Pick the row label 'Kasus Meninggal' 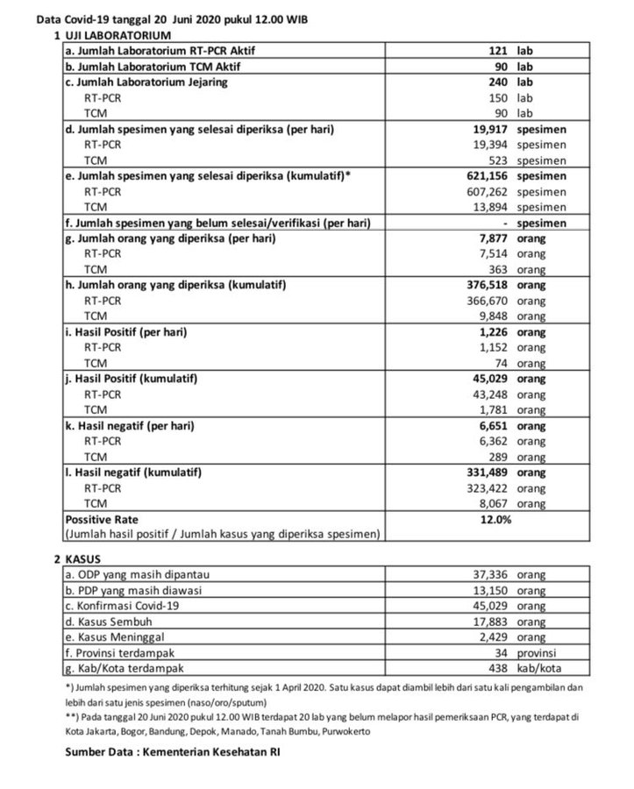110,636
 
